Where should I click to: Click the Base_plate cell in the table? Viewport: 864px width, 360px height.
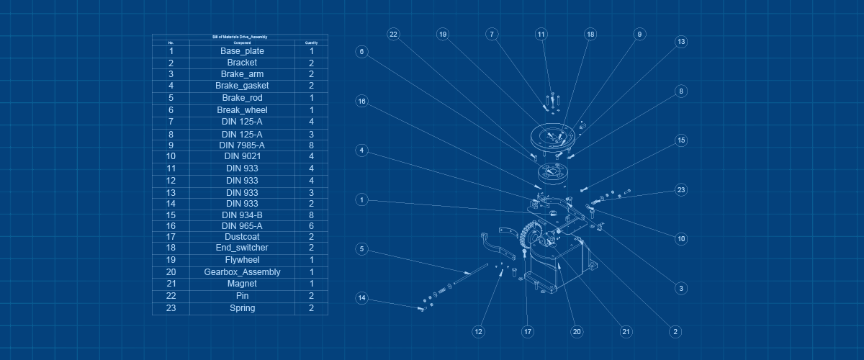[x=242, y=51]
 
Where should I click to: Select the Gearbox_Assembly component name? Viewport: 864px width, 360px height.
[x=242, y=272]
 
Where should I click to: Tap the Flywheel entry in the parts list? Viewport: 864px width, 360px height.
[x=242, y=260]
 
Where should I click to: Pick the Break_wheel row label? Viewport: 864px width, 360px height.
[x=242, y=110]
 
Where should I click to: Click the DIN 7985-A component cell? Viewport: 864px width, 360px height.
[x=242, y=145]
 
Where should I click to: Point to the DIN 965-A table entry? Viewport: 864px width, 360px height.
[x=242, y=225]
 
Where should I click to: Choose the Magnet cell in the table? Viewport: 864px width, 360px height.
[x=242, y=284]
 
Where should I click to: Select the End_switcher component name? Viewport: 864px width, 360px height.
[x=242, y=248]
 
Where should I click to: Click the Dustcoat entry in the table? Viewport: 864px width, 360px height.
[x=242, y=236]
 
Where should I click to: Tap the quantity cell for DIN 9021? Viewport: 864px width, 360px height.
[x=311, y=156]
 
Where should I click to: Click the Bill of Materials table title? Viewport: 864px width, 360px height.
[x=240, y=37]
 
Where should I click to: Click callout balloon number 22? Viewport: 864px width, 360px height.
[x=393, y=35]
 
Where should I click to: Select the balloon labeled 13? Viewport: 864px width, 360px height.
[x=680, y=42]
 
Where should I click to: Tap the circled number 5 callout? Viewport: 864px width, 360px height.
[x=362, y=249]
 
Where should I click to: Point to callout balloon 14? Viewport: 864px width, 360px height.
[x=362, y=298]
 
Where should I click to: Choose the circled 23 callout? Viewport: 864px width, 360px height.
[x=680, y=190]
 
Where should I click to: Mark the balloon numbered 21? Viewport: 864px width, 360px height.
[x=626, y=332]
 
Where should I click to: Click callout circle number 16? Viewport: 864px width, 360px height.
[x=362, y=102]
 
